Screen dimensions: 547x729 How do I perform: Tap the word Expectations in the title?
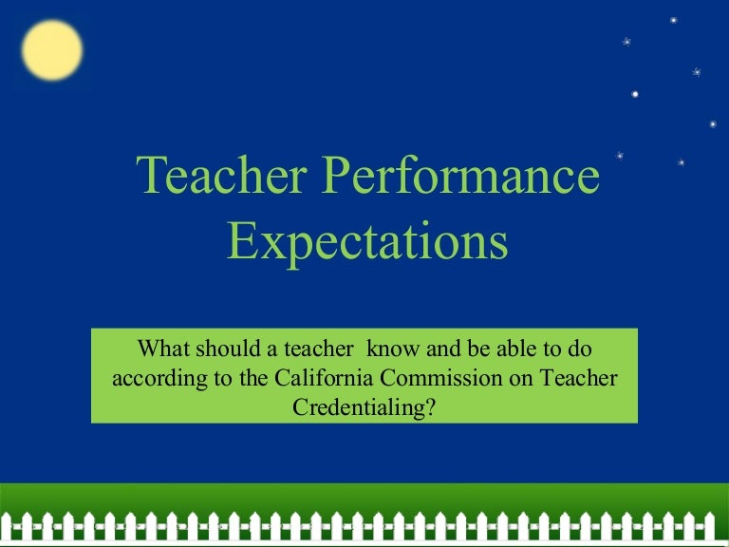pos(367,240)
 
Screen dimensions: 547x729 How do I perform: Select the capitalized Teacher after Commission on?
pos(581,377)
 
